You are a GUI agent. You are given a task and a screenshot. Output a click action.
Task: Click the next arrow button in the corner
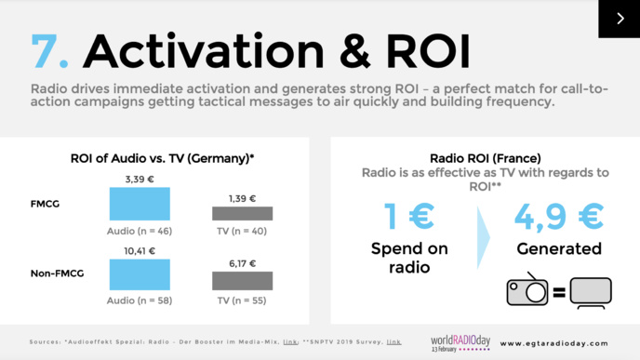(x=619, y=19)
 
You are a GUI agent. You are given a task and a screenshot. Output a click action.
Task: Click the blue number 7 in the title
(x=49, y=52)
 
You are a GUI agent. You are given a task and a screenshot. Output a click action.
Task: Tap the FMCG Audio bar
(x=140, y=204)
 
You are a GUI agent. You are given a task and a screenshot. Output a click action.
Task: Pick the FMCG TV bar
(x=242, y=213)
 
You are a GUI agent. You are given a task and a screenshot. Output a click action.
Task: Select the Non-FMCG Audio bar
(x=140, y=274)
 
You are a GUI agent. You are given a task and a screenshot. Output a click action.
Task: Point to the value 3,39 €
(x=140, y=180)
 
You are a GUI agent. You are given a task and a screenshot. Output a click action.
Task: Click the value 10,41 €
(x=140, y=251)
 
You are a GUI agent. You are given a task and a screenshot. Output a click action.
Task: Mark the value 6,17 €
(x=242, y=265)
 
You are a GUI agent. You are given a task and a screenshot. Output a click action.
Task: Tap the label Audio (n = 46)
(x=140, y=229)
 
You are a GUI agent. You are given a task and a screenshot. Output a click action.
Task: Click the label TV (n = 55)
(x=242, y=300)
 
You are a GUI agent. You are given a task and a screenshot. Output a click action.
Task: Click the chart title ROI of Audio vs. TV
(x=163, y=158)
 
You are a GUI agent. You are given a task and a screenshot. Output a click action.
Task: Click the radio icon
(x=527, y=291)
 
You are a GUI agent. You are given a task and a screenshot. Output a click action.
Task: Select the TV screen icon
(x=591, y=292)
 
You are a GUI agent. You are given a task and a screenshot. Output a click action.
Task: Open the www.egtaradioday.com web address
(x=560, y=342)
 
